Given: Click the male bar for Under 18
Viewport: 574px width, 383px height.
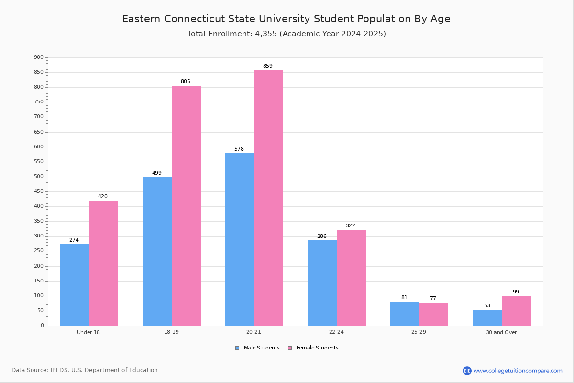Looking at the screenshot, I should pos(75,285).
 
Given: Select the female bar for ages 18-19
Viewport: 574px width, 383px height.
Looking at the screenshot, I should pos(186,206).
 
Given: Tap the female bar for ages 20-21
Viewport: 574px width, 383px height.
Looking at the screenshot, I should pos(268,198).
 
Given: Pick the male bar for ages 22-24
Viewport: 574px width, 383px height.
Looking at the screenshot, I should pos(322,283).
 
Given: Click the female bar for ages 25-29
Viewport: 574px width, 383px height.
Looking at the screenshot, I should pos(433,314).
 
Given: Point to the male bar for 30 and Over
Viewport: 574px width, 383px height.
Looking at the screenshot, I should pos(487,318).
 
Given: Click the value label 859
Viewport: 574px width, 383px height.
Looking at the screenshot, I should pos(267,66).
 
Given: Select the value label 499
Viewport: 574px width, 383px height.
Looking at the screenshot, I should pos(157,173).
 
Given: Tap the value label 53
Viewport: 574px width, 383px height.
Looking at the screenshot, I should pos(487,306).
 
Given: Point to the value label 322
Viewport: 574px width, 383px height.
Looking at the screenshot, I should pos(350,226).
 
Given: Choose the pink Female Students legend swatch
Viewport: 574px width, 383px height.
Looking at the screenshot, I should pos(290,348).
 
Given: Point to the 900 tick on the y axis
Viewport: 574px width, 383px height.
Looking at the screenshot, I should pos(39,57).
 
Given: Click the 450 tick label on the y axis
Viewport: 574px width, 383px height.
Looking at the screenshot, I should pos(39,191).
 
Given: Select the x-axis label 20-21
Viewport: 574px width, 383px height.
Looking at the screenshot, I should pos(254,332).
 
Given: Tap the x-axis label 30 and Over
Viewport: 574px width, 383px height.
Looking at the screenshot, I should pos(501,332).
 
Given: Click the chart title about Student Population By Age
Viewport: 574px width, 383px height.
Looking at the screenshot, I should pos(286,19).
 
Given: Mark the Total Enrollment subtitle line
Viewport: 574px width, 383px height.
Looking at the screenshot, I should pos(287,34).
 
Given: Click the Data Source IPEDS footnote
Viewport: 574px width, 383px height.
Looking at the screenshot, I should pos(85,370).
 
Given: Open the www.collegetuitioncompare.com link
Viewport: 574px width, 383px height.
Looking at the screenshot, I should pos(518,371).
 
